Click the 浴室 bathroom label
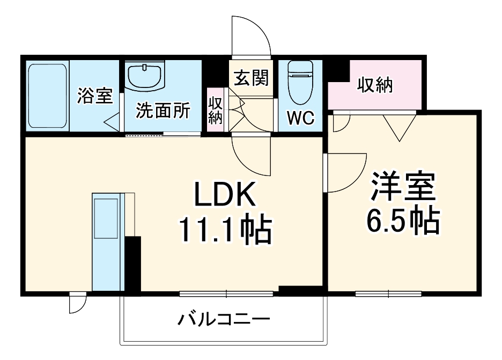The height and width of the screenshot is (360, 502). pos(95,96)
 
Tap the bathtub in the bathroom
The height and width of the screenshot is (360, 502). pos(47,97)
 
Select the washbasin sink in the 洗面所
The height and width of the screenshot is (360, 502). pos(145,76)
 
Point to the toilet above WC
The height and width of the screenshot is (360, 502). pos(300,81)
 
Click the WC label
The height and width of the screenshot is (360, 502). pos(300,119)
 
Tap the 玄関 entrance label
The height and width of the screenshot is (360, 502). pos(250,79)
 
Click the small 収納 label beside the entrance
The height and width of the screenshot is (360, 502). pos(215,111)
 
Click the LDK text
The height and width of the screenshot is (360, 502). pos(224,197)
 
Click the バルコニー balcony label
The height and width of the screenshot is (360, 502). pos(224,321)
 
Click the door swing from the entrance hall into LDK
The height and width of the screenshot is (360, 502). pos(250,153)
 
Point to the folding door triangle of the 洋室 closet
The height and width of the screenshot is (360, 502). pos(399,126)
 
